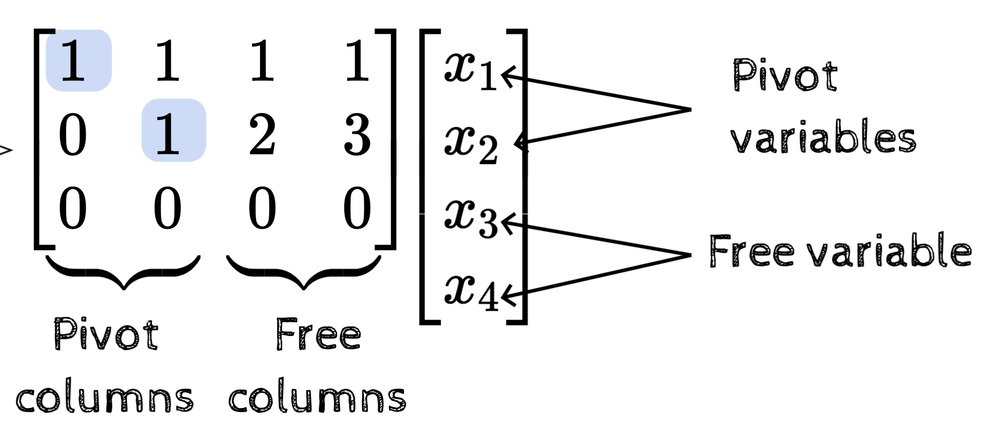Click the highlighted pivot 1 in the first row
pos(78,61)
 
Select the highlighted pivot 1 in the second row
pos(173,131)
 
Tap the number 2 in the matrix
pos(262,134)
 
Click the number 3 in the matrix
pos(357,134)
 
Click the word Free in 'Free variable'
pos(751,251)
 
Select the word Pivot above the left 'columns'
pos(106,334)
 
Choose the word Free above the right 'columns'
pos(318,334)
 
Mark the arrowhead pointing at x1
pos(507,76)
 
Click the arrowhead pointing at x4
pos(507,296)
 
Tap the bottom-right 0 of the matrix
pos(357,209)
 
